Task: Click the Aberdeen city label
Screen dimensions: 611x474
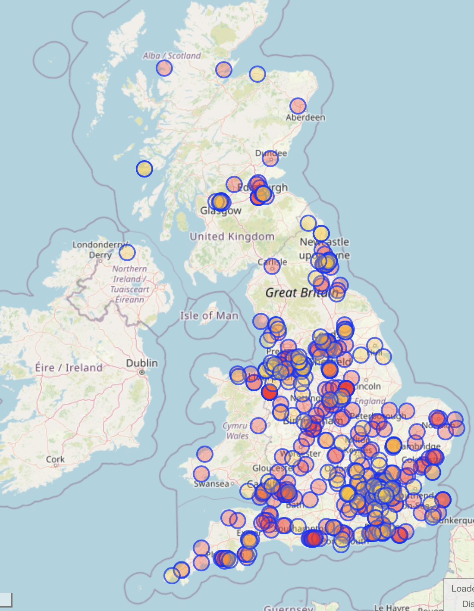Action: tap(305, 117)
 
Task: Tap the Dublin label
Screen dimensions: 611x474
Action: tap(142, 363)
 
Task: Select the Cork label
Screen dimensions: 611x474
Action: tap(55, 459)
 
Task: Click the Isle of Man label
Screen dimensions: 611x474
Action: tap(209, 316)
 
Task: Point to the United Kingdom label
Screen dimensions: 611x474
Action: tap(232, 237)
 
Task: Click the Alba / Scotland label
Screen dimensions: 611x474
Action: tap(172, 56)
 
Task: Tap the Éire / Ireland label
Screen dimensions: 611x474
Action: tap(69, 368)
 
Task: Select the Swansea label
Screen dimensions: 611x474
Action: tap(211, 483)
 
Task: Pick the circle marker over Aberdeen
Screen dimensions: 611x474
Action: tap(298, 106)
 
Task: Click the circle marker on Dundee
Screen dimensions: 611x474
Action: tap(270, 159)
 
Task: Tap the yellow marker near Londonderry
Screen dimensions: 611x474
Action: tap(127, 253)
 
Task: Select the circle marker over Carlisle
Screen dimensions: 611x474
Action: tap(272, 266)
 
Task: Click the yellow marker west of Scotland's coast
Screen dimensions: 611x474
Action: tap(144, 168)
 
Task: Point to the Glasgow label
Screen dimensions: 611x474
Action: tap(221, 211)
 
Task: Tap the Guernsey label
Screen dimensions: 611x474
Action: tap(289, 608)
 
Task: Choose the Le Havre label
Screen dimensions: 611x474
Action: tap(392, 607)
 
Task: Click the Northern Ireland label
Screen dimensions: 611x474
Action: tap(130, 284)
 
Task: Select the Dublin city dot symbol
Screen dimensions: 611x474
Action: tap(141, 372)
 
